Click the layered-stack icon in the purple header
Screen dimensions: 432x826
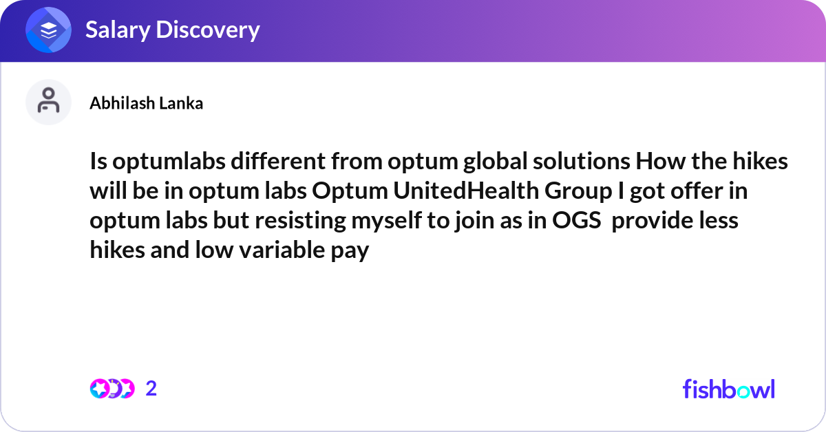pos(49,30)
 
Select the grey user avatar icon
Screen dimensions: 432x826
pos(48,102)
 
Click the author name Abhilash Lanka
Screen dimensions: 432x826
pos(146,103)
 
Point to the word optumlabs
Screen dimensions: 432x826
pos(167,163)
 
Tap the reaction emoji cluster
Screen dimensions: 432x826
pos(112,389)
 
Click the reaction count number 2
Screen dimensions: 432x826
pos(151,389)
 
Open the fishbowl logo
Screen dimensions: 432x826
pos(728,389)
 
